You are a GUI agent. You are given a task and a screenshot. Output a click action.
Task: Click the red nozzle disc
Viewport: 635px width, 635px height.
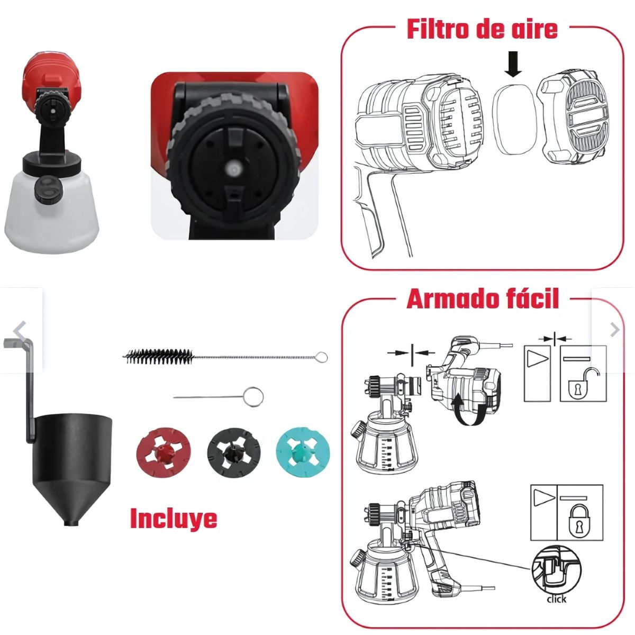pos(164,451)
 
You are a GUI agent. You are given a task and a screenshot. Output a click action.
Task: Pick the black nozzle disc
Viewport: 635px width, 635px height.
pos(233,451)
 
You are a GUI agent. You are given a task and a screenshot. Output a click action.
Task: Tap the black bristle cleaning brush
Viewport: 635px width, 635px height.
pos(159,356)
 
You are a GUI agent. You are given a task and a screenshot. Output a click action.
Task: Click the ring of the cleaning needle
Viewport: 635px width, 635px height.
pos(254,397)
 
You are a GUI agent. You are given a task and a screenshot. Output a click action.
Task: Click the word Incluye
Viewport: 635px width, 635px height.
pos(174,519)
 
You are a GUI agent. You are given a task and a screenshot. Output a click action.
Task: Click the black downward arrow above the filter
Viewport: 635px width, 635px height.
pos(513,66)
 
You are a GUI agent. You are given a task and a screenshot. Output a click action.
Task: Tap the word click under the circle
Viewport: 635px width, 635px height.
pos(556,599)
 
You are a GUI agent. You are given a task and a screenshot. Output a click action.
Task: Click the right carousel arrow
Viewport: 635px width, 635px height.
pos(614,330)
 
